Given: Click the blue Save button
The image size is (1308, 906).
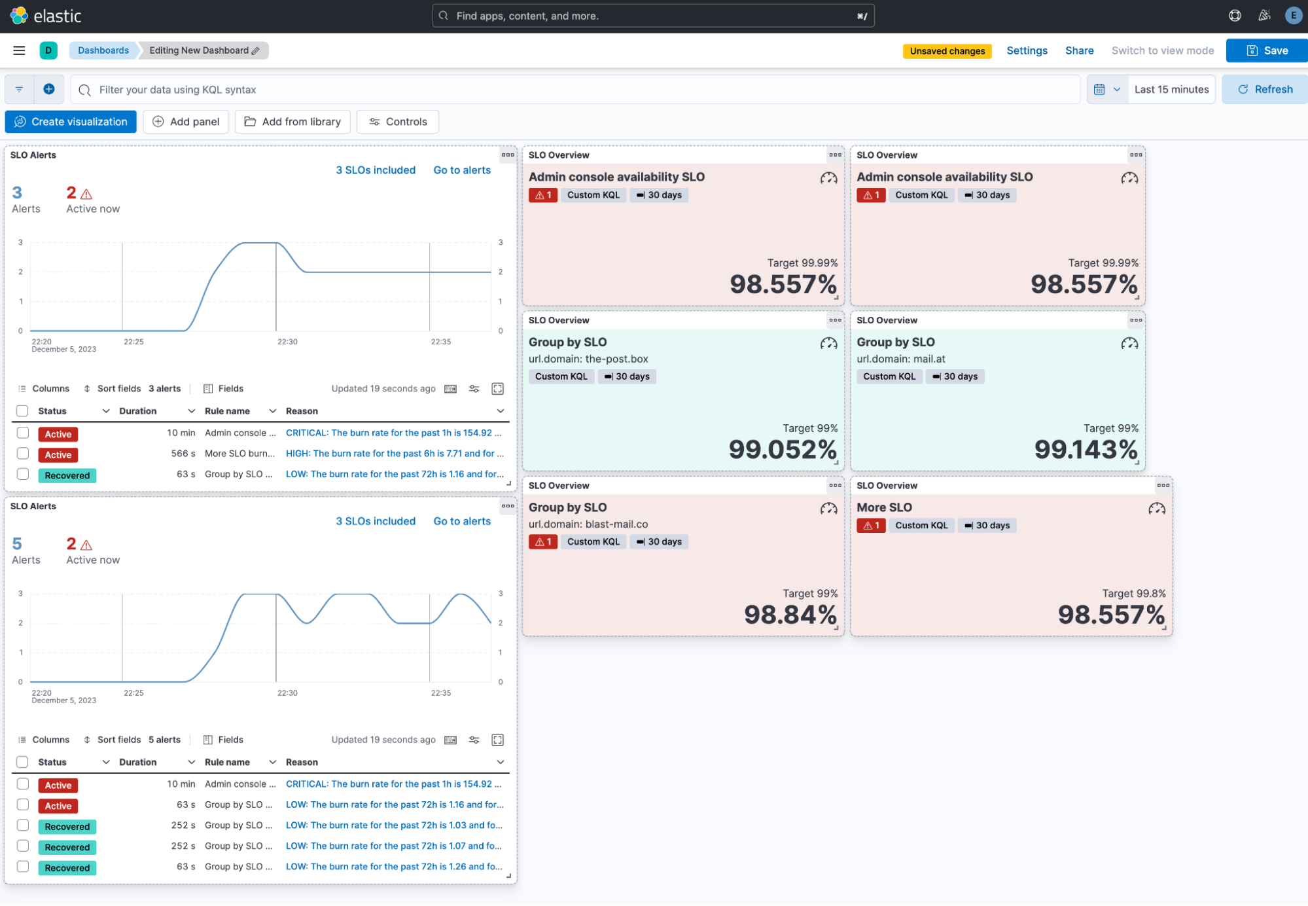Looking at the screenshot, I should tap(1267, 50).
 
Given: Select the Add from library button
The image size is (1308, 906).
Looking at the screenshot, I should tap(292, 122).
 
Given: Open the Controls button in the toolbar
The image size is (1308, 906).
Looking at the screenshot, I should tap(397, 122).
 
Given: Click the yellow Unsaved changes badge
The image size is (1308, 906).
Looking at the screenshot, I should tap(947, 51).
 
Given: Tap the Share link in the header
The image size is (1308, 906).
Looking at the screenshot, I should tap(1079, 50).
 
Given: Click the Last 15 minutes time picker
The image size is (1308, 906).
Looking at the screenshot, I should tap(1171, 90).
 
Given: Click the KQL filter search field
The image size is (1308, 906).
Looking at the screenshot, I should tap(576, 90).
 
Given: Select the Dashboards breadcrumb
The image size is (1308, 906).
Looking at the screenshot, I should tap(103, 50).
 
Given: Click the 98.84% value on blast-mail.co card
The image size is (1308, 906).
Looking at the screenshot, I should tap(790, 615).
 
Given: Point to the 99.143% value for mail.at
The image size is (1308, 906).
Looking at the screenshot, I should tap(1086, 450).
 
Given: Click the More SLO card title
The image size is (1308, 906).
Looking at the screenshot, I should tap(884, 507).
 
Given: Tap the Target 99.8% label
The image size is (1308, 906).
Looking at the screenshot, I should tap(1133, 594).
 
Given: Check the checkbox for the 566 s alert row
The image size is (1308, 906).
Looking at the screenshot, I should tap(23, 454).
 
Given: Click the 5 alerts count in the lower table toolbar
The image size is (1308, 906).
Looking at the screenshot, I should tap(164, 740).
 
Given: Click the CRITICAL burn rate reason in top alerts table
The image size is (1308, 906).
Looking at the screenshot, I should tap(393, 433).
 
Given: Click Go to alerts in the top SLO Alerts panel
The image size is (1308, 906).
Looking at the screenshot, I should tap(461, 170).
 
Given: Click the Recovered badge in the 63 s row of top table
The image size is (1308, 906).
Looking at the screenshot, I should tap(67, 475).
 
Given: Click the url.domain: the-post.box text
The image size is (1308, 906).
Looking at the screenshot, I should tap(588, 359).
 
